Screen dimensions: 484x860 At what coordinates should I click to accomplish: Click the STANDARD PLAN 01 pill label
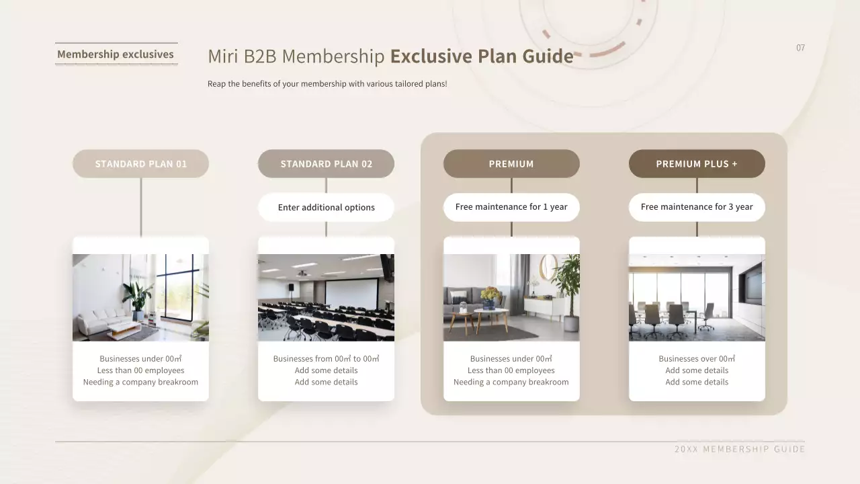140,163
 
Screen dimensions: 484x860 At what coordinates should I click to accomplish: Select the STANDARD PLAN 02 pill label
326,163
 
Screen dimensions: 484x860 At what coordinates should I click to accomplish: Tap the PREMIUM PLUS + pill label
697,163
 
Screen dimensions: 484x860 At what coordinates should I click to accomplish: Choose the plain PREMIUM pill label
511,163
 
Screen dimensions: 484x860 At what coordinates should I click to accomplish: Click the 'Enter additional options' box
326,207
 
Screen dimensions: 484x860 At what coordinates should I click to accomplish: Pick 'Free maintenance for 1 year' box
511,207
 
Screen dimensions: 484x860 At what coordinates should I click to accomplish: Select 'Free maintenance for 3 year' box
697,207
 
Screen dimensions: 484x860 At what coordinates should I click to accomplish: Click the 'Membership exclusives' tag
116,54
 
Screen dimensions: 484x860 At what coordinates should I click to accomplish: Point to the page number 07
800,48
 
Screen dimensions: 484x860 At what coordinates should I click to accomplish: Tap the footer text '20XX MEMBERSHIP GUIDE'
740,449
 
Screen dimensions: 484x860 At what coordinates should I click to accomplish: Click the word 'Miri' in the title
223,56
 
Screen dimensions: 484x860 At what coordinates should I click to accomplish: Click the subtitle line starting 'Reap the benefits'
327,84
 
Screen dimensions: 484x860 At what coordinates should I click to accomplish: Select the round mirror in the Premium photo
548,267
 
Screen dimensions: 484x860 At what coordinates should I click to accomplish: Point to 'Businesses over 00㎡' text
697,359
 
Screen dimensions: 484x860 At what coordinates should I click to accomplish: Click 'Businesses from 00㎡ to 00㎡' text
326,359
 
